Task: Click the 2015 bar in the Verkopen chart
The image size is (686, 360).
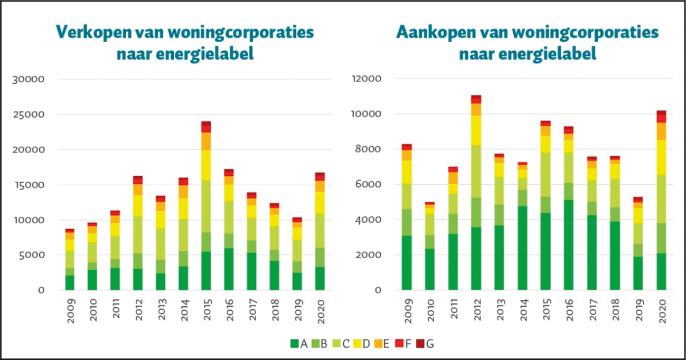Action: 205,211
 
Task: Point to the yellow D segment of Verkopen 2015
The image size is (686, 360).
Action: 205,165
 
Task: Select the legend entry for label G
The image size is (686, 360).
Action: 421,344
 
